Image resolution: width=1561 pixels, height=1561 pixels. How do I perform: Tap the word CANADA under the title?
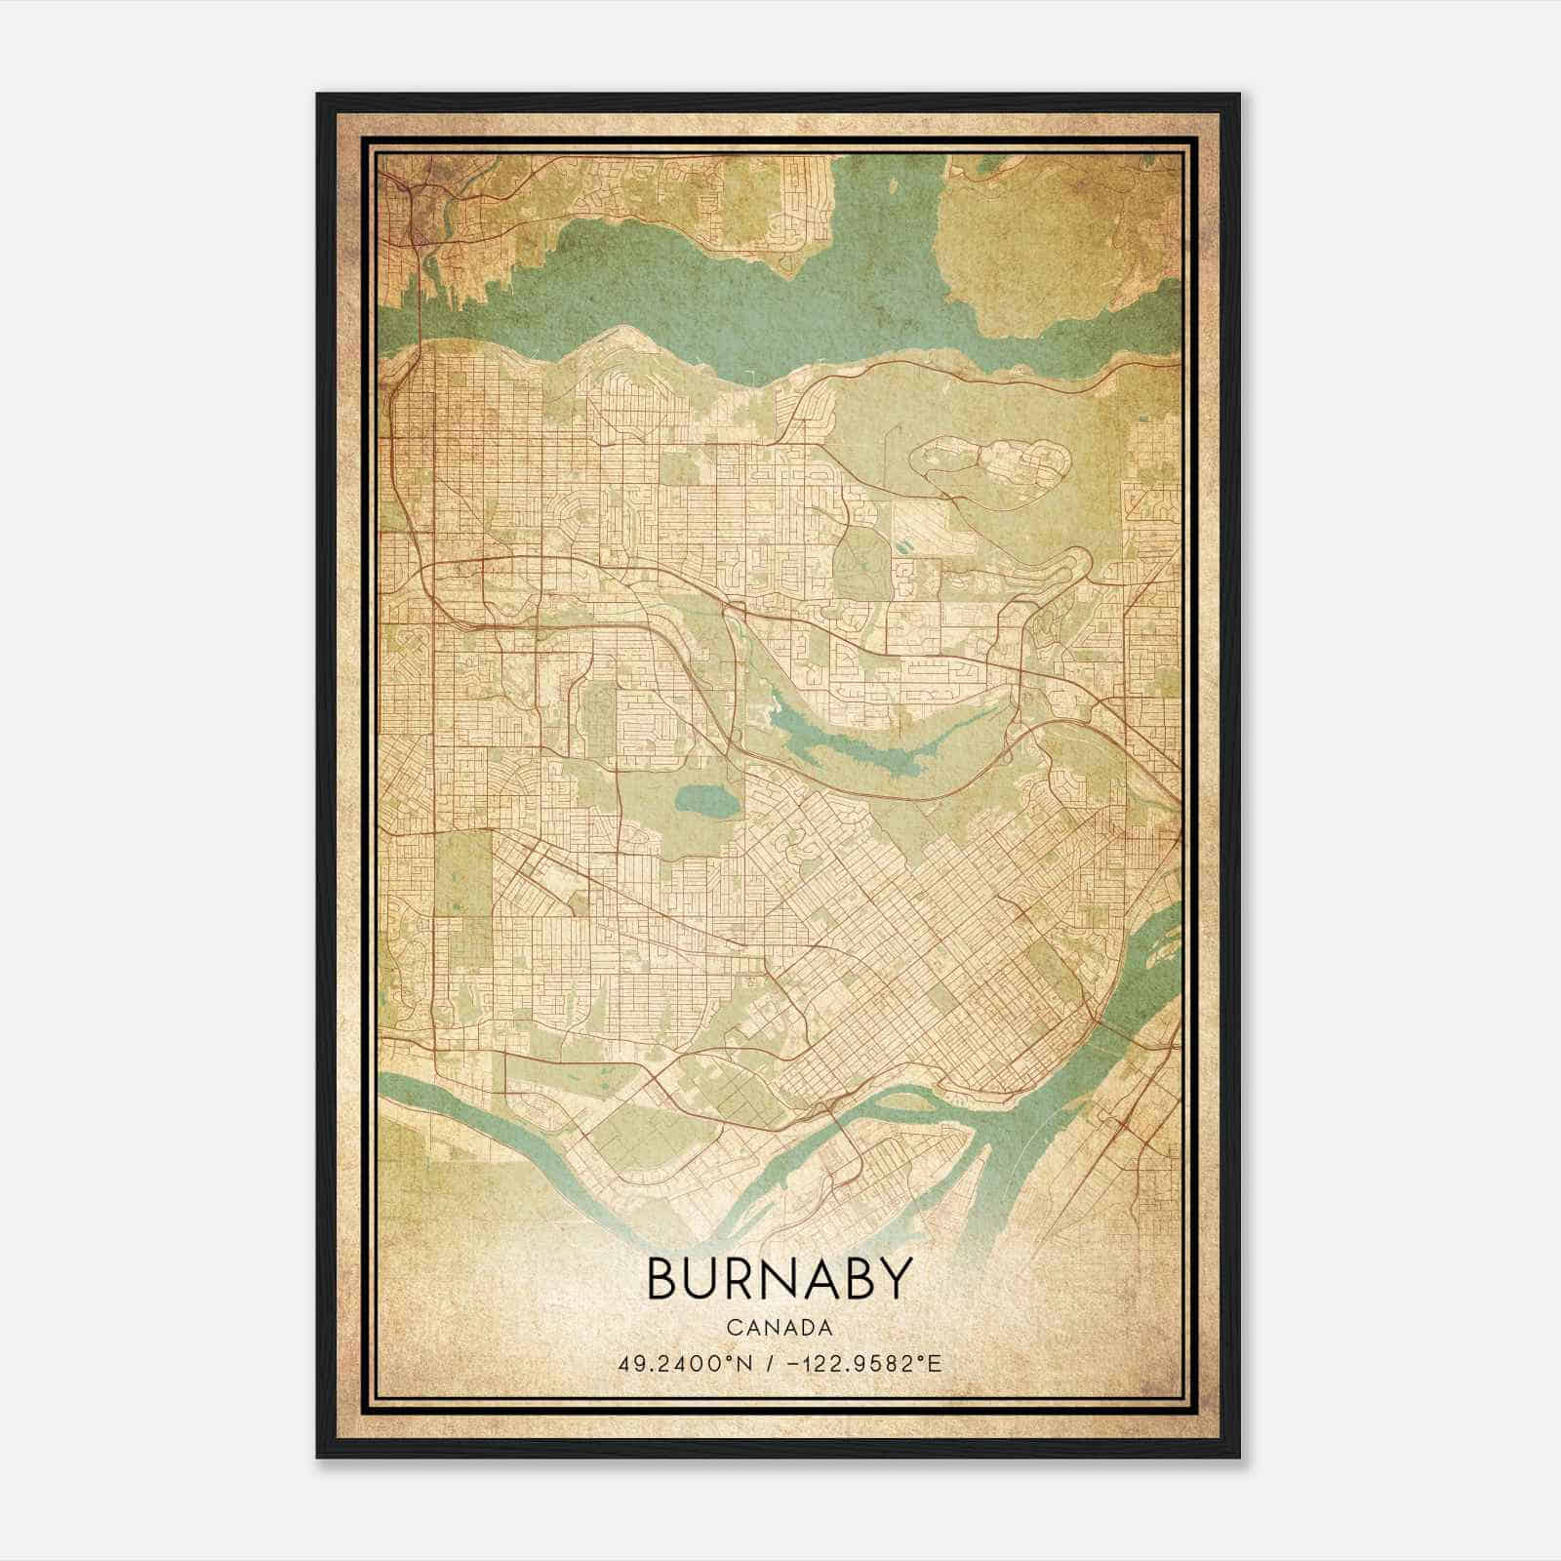tap(780, 1328)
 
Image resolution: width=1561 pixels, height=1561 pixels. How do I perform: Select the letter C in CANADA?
tap(731, 1328)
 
